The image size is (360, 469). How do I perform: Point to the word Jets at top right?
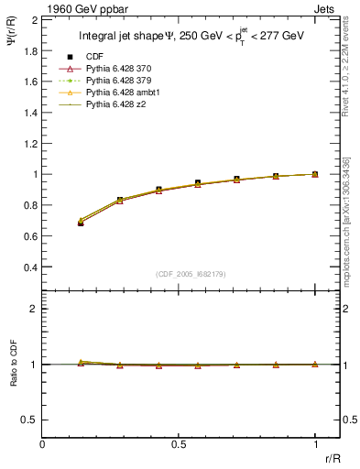tap(326, 8)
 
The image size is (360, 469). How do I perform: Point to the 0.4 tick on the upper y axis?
tap(28, 267)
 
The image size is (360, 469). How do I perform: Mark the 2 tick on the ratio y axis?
tap(33, 309)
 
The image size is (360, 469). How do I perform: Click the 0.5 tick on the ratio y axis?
tap(28, 420)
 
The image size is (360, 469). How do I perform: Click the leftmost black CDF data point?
tap(81, 223)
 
